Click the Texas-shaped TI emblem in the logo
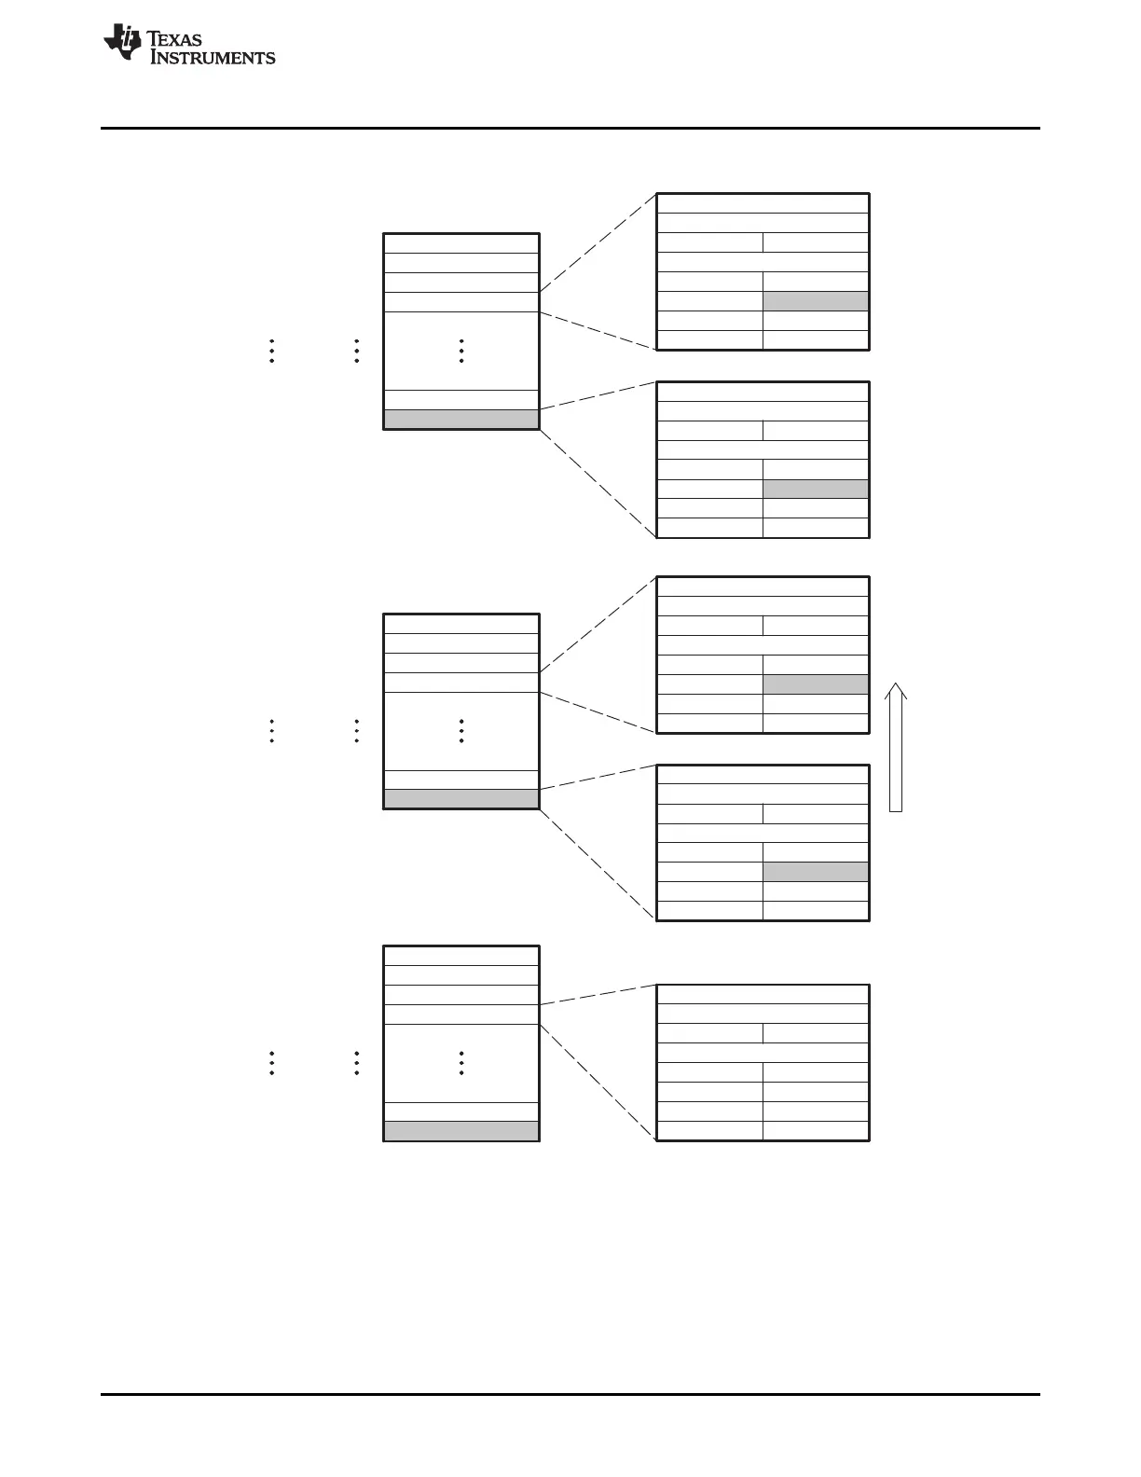(122, 43)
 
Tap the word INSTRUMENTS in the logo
(213, 58)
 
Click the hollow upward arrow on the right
(896, 746)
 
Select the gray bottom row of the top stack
(461, 420)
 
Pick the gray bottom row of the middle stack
(461, 799)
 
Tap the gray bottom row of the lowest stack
(461, 1131)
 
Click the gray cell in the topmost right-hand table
(816, 301)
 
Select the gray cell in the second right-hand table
(816, 489)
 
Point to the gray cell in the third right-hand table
(816, 684)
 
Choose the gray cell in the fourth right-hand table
(816, 872)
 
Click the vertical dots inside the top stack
(462, 351)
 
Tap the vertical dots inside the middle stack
(462, 731)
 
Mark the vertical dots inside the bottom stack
(462, 1063)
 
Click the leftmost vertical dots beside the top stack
(271, 351)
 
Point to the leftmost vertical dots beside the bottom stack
(271, 1063)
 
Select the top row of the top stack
(461, 243)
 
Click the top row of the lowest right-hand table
(763, 994)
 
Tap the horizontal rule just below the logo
(570, 128)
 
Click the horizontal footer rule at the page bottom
(570, 1395)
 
